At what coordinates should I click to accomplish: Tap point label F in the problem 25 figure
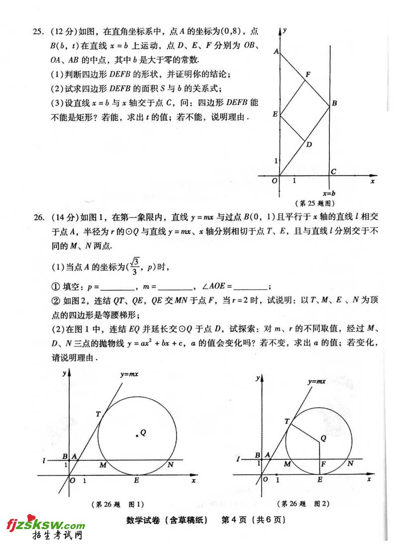(x=308, y=75)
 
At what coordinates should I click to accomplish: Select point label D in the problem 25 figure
(x=309, y=145)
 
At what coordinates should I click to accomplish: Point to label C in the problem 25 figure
(x=333, y=172)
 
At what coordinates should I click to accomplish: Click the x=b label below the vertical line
(x=329, y=193)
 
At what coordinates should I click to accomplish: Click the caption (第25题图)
(x=315, y=203)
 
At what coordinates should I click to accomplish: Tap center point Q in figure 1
(x=138, y=436)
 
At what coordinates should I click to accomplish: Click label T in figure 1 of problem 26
(x=98, y=414)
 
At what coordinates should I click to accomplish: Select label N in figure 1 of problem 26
(x=170, y=465)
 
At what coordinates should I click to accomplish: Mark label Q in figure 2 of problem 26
(x=323, y=438)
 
